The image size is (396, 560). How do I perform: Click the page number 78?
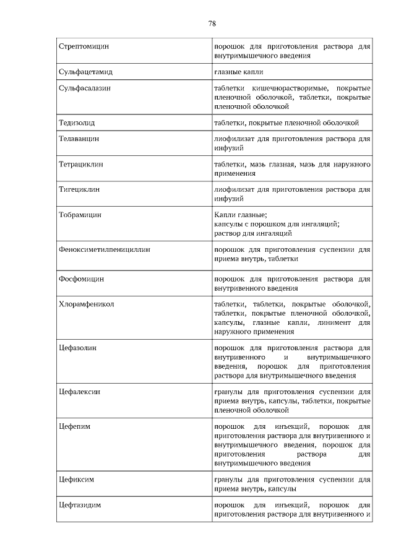[212, 24]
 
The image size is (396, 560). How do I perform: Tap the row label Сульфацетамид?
[85, 72]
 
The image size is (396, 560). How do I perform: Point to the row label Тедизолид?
[77, 123]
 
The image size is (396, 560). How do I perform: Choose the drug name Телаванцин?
[79, 139]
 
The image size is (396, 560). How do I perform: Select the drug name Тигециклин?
[79, 191]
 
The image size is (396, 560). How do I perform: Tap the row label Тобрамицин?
[80, 215]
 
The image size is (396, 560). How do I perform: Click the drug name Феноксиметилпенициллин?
[105, 250]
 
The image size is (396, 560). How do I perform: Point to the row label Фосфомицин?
[81, 279]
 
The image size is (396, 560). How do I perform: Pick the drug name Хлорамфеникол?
[86, 304]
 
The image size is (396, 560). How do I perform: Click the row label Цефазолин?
[77, 348]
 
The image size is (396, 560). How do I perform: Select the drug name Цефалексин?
[80, 392]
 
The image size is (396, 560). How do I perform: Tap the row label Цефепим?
[74, 426]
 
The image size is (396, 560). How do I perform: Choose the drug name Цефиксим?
[76, 479]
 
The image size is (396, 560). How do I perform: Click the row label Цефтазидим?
[79, 505]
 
